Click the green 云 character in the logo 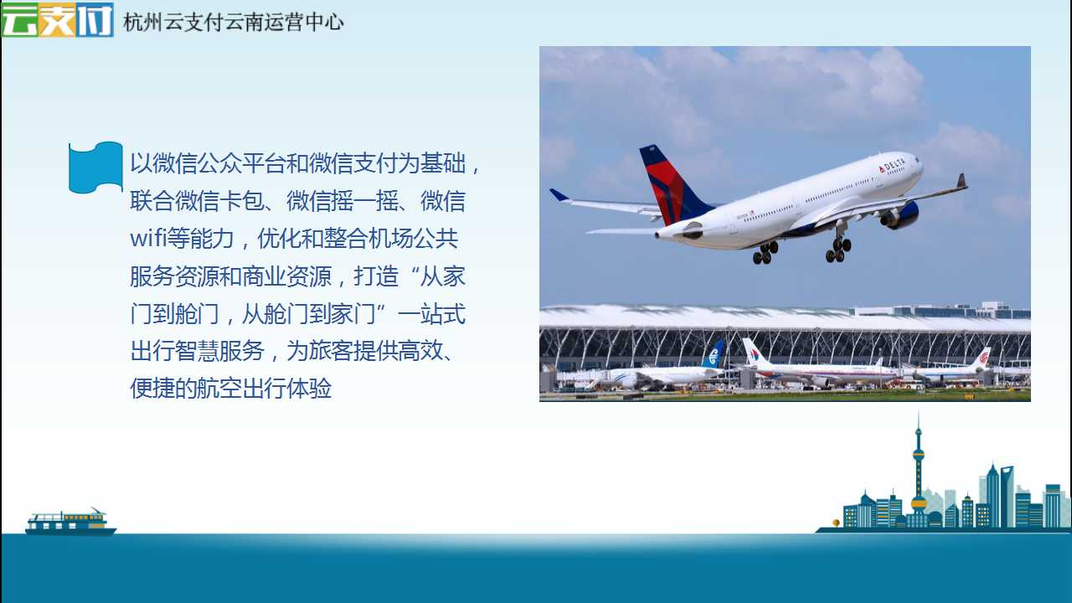[20, 19]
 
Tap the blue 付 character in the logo [95, 19]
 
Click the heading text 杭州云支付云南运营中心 [234, 22]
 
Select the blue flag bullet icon [95, 167]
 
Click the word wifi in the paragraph [148, 238]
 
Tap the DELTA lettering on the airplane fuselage [892, 166]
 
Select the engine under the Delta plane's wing [900, 215]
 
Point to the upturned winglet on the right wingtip [961, 181]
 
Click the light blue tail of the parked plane [714, 354]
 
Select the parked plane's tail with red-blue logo [753, 353]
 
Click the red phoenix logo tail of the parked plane [983, 358]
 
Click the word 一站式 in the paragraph [431, 313]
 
